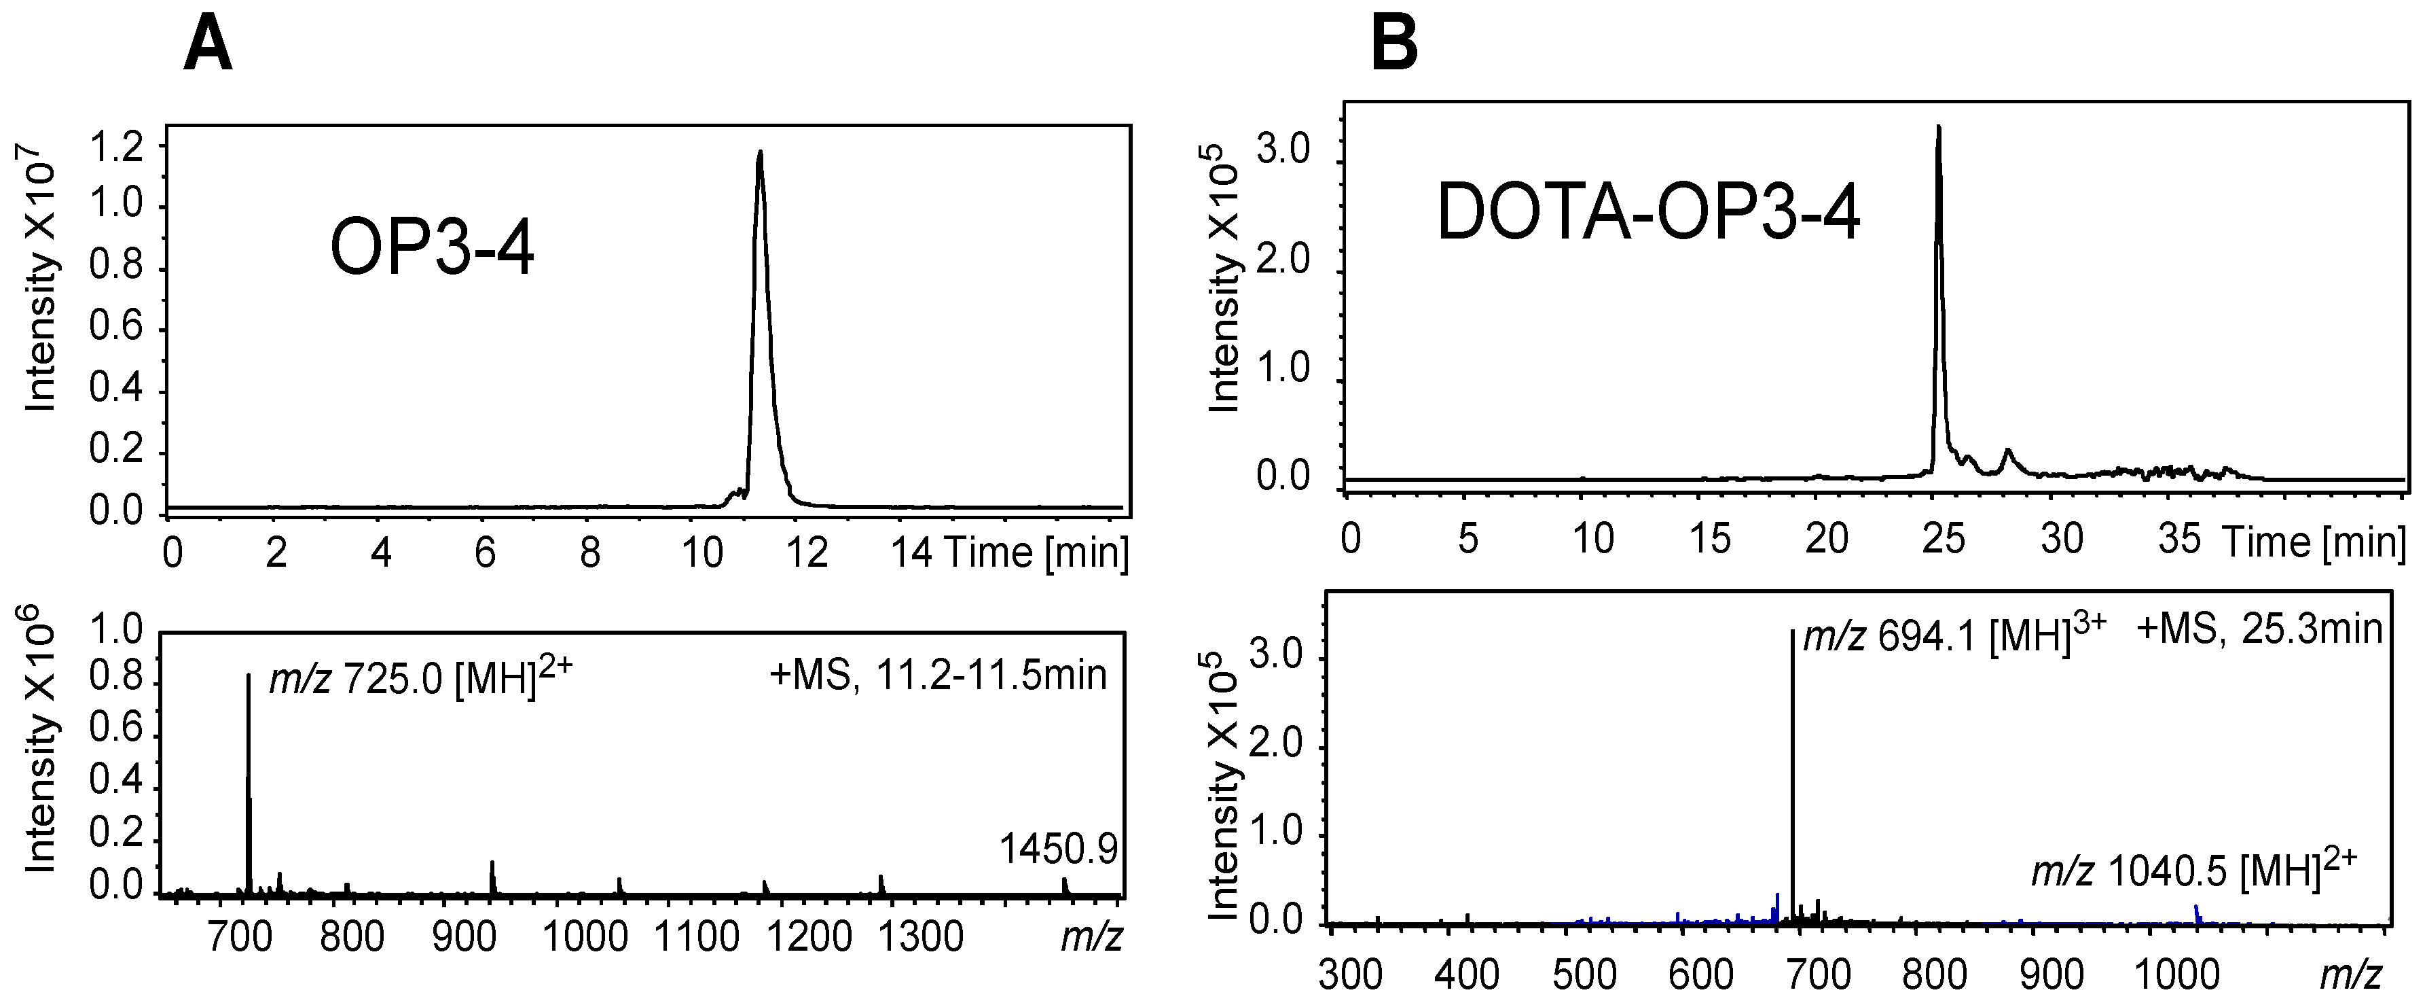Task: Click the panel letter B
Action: [x=1394, y=44]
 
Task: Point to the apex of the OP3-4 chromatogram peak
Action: [x=760, y=152]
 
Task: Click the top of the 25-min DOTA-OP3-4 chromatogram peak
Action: [x=1938, y=128]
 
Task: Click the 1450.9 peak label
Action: [x=1058, y=849]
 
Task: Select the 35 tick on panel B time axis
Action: [x=2178, y=540]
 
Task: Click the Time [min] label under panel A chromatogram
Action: [x=1036, y=552]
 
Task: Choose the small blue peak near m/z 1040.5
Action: [x=2196, y=913]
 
